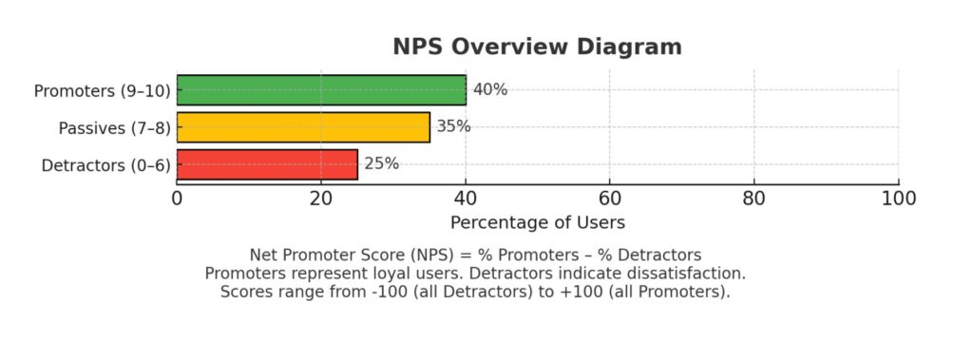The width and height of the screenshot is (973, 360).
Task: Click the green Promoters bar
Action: [321, 90]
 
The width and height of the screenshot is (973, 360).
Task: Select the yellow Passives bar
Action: [303, 127]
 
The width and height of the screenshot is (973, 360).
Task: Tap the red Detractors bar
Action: [267, 164]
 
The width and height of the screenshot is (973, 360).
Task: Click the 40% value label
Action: [490, 90]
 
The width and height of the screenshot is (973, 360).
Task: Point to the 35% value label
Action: [453, 126]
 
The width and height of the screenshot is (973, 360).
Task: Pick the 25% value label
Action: [381, 163]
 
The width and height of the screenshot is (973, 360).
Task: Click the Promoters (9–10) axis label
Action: [102, 91]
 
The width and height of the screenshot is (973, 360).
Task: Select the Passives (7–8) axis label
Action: [114, 128]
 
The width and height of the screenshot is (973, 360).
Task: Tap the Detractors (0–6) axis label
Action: [105, 165]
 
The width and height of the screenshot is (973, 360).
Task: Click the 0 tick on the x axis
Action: [177, 199]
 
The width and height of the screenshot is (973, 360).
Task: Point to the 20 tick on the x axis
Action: [321, 199]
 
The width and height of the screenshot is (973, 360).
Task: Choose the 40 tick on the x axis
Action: [466, 199]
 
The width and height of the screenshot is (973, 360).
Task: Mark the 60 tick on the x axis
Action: [610, 199]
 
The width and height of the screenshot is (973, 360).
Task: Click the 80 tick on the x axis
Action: [754, 199]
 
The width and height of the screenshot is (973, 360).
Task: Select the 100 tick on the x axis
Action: [898, 199]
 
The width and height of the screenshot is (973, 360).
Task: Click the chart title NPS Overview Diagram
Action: [537, 47]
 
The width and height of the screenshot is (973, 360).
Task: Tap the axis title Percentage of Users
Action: [537, 223]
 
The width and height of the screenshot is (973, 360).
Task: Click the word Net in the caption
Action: [264, 256]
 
